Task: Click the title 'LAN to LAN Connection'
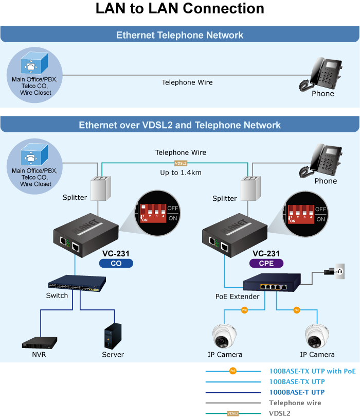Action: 180,9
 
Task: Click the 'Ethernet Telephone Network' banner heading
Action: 179,35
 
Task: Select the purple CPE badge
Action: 266,263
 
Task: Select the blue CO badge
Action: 116,263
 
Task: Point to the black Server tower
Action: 113,336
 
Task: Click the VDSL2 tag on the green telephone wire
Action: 181,163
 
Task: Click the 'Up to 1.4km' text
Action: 181,172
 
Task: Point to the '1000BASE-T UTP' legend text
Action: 297,392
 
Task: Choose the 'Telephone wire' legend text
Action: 295,403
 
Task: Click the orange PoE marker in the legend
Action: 232,371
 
